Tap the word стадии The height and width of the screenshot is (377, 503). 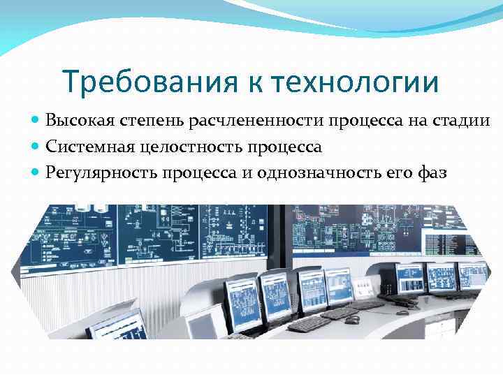point(465,122)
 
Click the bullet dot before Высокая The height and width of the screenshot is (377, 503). point(36,121)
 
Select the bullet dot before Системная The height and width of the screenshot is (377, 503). point(36,147)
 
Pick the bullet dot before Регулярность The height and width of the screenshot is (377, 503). point(36,172)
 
